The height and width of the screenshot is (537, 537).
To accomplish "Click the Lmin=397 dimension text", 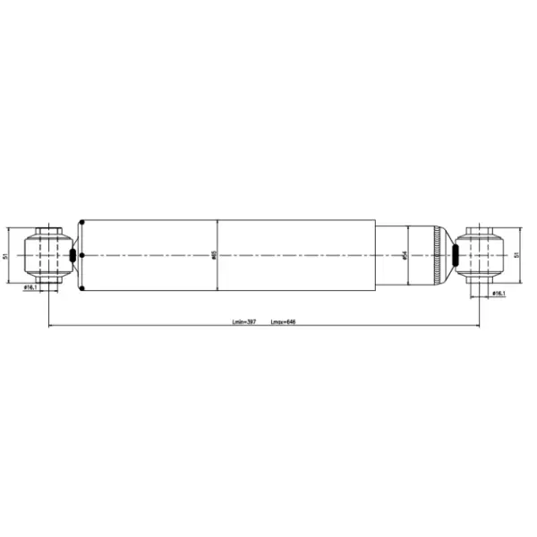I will [x=244, y=320].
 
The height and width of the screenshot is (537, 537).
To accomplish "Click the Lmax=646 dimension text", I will [x=283, y=320].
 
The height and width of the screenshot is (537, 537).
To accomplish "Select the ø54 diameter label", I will [x=405, y=256].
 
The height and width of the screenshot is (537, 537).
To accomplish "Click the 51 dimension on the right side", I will [x=516, y=256].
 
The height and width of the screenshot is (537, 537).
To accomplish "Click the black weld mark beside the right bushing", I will [x=456, y=256].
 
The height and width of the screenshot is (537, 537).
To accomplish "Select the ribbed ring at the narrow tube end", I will [x=437, y=256].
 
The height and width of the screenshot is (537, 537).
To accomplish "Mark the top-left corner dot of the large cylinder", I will [x=82, y=220].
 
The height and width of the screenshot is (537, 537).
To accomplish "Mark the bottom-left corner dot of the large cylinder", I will [x=82, y=291].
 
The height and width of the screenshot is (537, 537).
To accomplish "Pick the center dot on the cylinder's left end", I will [x=82, y=256].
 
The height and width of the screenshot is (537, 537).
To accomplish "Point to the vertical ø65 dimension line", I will [x=218, y=268].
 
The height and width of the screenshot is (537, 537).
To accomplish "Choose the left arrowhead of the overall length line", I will [x=50, y=325].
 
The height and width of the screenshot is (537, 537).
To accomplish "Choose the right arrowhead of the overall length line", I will [x=476, y=325].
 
